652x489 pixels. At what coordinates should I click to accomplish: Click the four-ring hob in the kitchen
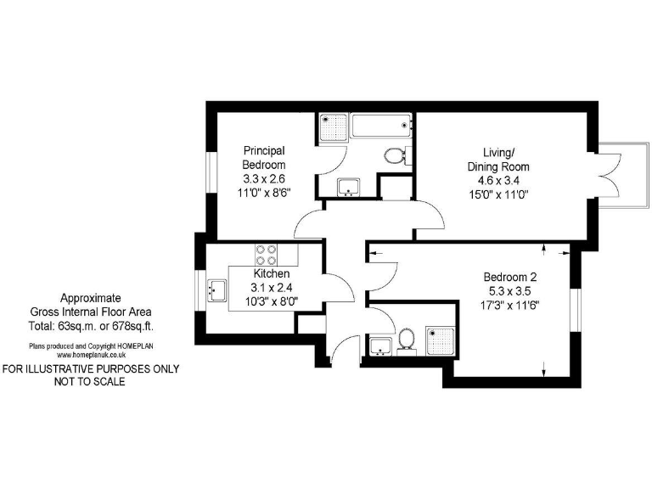(265, 256)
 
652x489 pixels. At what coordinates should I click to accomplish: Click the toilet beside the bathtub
(396, 155)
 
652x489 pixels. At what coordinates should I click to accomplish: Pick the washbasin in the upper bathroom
(349, 188)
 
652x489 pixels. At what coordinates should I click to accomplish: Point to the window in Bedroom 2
(574, 311)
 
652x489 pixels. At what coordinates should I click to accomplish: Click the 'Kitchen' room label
(272, 274)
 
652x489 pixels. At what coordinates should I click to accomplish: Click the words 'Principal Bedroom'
(264, 157)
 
